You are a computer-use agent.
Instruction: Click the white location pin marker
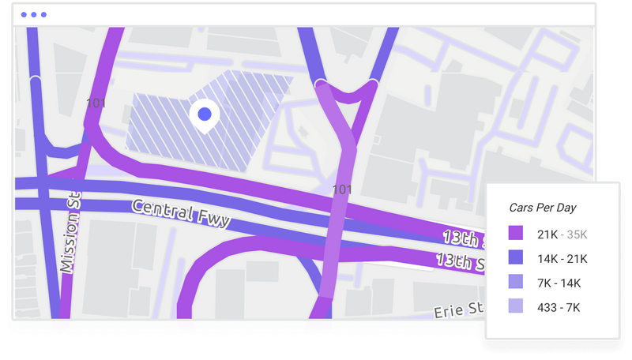[205, 115]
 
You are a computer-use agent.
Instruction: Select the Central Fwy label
[180, 214]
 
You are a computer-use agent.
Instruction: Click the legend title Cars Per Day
[543, 208]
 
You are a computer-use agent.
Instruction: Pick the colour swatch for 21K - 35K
[515, 233]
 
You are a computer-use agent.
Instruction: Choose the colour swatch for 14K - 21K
[515, 257]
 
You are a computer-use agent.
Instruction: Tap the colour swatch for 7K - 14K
[515, 282]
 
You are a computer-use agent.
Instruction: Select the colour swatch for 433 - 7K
[515, 306]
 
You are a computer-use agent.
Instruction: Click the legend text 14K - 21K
[562, 257]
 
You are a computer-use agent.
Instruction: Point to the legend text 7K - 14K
[559, 282]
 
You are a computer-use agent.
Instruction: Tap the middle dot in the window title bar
[33, 15]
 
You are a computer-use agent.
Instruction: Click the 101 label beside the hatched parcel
[95, 103]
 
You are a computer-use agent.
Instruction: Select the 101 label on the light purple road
[342, 189]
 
